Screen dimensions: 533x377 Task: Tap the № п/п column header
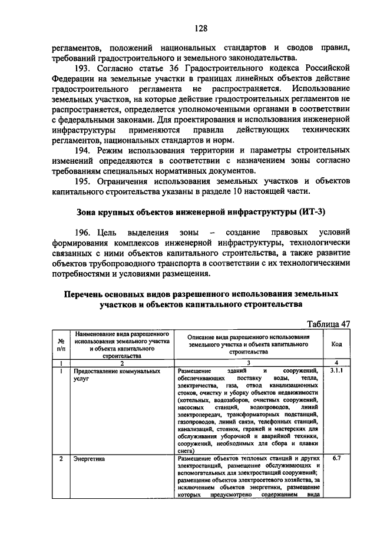60,343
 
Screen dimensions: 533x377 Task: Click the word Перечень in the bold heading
89,293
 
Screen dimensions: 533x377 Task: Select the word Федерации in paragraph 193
68,78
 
